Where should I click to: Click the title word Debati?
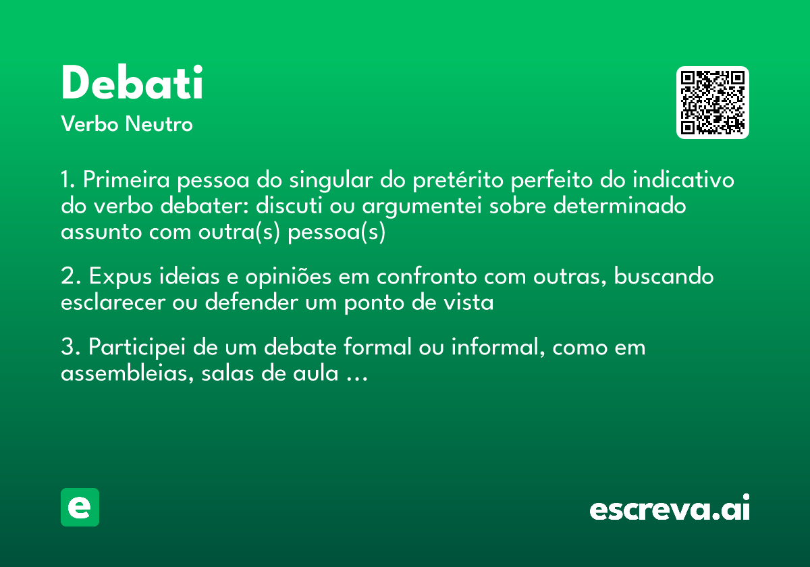[132, 84]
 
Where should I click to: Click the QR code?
[712, 103]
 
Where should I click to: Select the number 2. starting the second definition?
[70, 277]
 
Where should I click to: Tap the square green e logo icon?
[80, 507]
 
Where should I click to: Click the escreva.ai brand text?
[670, 508]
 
